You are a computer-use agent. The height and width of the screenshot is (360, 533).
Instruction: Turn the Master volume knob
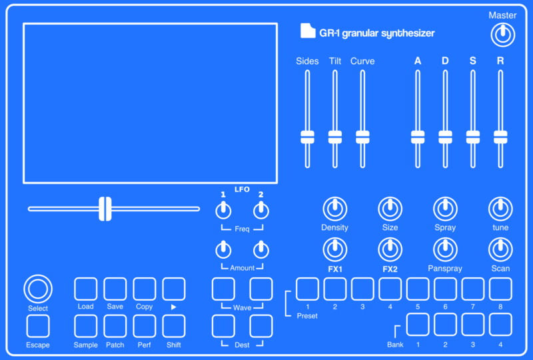pos(502,35)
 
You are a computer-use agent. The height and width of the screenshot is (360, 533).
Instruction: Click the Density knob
pos(334,209)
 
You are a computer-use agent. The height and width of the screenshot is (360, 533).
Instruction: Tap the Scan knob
pos(500,250)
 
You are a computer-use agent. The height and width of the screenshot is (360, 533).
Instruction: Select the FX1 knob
pos(334,250)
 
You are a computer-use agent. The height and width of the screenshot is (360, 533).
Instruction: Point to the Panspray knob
pos(445,250)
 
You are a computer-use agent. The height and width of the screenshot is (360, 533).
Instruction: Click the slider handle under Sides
pos(307,137)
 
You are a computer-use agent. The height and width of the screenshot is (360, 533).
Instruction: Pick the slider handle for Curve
pos(362,137)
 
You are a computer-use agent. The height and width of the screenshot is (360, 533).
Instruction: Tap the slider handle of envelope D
pos(445,137)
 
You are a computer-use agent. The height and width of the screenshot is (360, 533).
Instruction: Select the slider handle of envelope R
pos(500,137)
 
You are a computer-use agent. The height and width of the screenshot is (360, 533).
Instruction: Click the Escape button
pos(38,326)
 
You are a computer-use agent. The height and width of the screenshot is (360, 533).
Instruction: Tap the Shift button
pos(174,326)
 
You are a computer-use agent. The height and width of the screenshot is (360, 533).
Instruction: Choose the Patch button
pos(115,326)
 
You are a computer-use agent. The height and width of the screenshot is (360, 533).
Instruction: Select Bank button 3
pos(472,324)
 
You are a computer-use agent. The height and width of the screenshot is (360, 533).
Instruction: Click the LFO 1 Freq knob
pos(223,211)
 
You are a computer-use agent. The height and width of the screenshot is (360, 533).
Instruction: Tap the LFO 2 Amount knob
pos(261,251)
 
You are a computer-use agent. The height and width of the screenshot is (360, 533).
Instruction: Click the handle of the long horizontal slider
pos(105,209)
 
